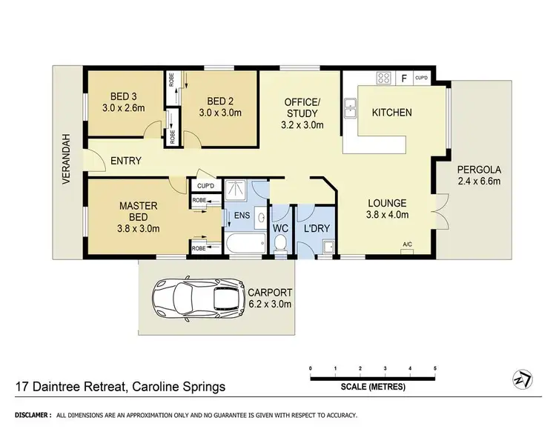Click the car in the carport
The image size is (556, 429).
click(199, 299)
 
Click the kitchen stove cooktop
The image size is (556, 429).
click(385, 76)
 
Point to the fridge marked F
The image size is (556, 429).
click(404, 76)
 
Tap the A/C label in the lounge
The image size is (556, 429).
click(407, 244)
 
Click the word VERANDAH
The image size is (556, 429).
click(66, 159)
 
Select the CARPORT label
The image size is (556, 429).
click(271, 292)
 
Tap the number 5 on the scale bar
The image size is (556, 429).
click(434, 368)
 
